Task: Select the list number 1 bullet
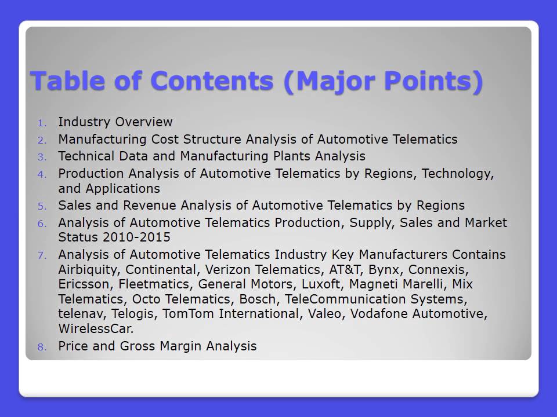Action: pyautogui.click(x=41, y=123)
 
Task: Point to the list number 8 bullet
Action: pyautogui.click(x=41, y=347)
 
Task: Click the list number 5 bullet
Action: pyautogui.click(x=41, y=206)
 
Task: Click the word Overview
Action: pyautogui.click(x=144, y=122)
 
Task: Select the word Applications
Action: pyautogui.click(x=122, y=189)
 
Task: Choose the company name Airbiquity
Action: pyautogui.click(x=89, y=270)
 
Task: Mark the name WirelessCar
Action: pyautogui.click(x=96, y=329)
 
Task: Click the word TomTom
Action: pyautogui.click(x=184, y=314)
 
